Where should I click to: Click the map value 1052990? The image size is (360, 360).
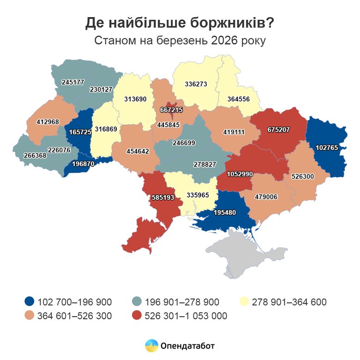click(240, 174)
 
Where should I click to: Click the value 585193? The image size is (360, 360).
click(163, 198)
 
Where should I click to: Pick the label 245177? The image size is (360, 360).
click(73, 83)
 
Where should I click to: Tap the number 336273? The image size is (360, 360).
click(196, 84)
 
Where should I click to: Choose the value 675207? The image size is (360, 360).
click(278, 130)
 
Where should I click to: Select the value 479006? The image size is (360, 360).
click(266, 197)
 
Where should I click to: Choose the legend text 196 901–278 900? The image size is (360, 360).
click(182, 302)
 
